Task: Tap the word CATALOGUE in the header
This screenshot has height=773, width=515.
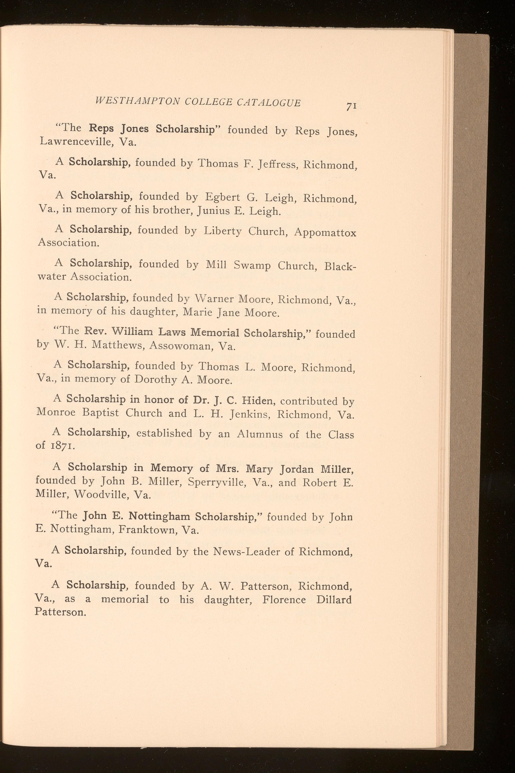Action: pos(268,103)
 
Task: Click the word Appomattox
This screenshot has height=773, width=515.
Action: pos(325,233)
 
